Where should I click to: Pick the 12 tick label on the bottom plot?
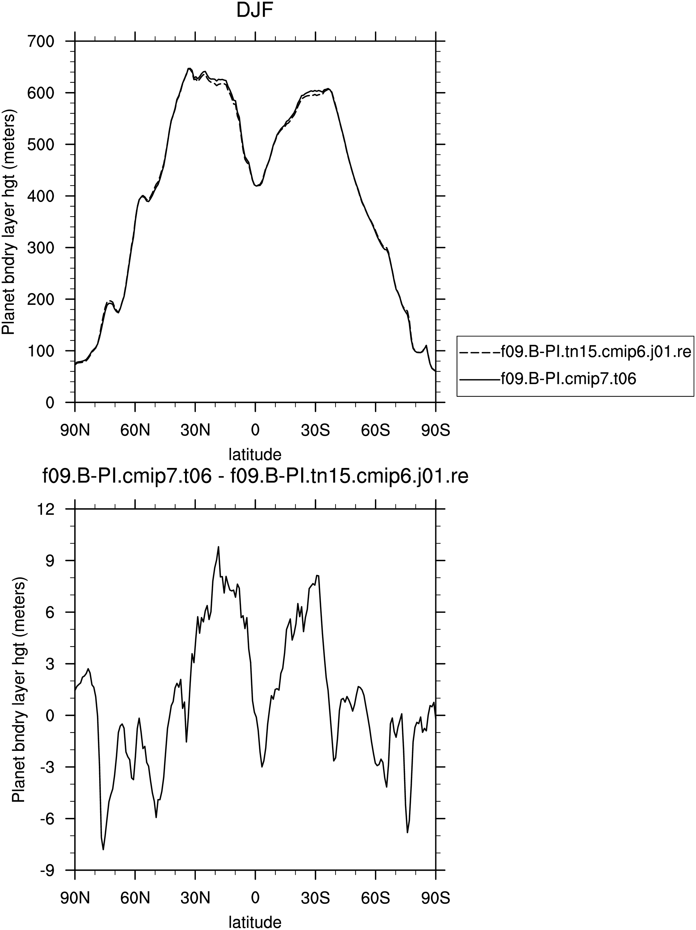coord(47,509)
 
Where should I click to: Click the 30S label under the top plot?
coord(315,431)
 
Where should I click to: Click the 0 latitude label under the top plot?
coord(255,431)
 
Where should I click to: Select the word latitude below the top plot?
coord(255,454)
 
